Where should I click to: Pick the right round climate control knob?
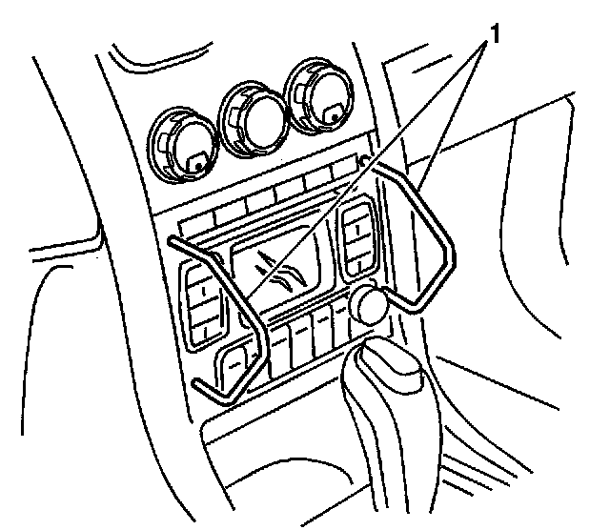point(321,92)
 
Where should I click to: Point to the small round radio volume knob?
point(370,304)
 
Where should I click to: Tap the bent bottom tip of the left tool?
point(204,388)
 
